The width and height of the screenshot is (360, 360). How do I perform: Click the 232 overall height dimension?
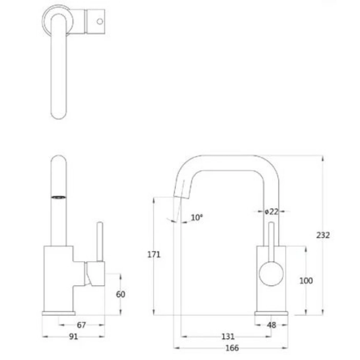click(323, 235)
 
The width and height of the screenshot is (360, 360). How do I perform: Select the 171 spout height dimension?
click(154, 254)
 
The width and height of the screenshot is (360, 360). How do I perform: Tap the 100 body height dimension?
click(306, 281)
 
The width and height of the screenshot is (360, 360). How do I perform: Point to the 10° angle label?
click(197, 217)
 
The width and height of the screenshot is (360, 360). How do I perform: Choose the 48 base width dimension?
click(271, 325)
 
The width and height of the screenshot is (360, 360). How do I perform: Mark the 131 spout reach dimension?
click(228, 337)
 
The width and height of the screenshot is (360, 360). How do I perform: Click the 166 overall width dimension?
click(233, 348)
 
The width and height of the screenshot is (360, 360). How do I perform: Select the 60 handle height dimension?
click(121, 294)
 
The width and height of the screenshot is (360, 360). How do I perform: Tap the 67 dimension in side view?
click(81, 325)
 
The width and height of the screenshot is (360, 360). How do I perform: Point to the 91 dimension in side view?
click(74, 337)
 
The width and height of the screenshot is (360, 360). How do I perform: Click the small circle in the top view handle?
click(99, 21)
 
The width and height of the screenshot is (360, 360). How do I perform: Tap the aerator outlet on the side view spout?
click(58, 198)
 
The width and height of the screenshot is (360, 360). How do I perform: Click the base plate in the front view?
click(271, 313)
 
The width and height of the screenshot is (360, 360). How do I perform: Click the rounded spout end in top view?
click(60, 112)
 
